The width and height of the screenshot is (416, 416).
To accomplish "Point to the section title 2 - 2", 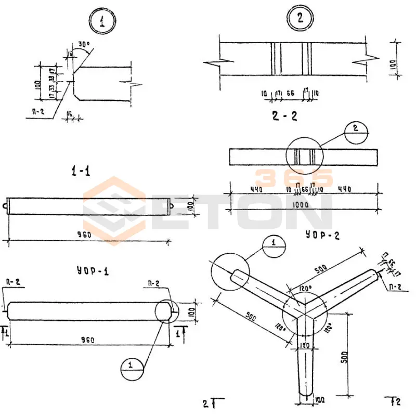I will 284,116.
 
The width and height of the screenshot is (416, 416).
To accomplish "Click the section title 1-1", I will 81,171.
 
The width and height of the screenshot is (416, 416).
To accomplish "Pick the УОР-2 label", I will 323,235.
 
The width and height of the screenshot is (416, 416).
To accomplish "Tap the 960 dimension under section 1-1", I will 84,235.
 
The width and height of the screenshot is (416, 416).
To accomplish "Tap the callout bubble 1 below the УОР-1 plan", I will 131,366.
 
